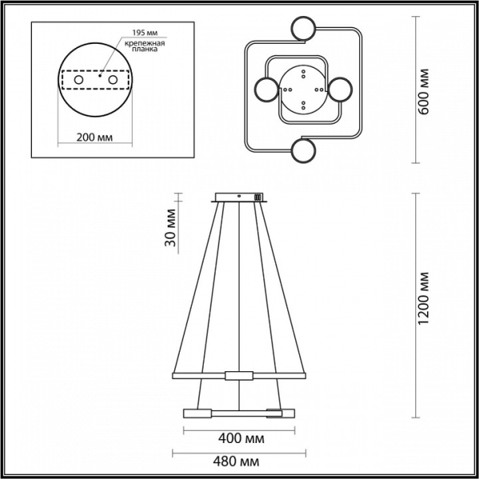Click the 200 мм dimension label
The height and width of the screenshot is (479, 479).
94,137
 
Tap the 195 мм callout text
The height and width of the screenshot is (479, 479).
144,33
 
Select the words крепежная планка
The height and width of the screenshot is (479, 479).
144,46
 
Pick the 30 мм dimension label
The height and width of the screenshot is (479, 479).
171,228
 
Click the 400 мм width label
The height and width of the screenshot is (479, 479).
241,438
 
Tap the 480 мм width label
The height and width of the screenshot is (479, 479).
236,461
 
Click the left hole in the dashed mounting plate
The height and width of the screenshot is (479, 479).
78,80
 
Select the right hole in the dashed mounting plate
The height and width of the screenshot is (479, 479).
113,80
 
